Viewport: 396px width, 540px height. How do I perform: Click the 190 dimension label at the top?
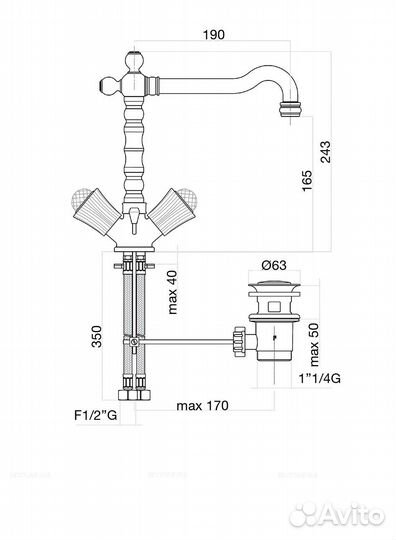click(x=213, y=35)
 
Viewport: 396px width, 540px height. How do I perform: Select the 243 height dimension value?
click(x=325, y=152)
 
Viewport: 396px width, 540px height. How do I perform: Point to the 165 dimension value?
click(x=306, y=180)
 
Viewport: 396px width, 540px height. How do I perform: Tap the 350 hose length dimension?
click(x=97, y=336)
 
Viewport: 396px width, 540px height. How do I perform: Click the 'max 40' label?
click(x=172, y=292)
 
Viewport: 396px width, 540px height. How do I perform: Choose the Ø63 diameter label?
click(x=274, y=265)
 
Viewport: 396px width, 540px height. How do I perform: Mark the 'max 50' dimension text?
click(x=314, y=344)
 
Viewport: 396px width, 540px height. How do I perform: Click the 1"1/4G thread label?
click(x=319, y=378)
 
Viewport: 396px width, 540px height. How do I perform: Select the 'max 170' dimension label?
click(x=202, y=406)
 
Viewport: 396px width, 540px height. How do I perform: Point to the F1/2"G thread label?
click(x=96, y=415)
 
